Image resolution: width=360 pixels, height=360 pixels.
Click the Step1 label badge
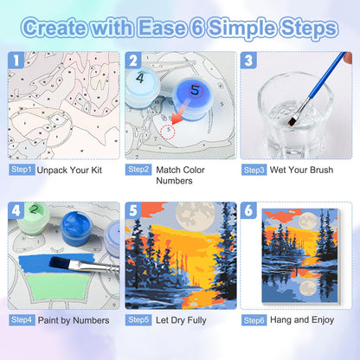22,170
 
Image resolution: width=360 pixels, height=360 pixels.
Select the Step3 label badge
254,170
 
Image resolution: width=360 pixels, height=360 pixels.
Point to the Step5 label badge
138,320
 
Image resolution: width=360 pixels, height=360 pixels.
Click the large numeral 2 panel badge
133,61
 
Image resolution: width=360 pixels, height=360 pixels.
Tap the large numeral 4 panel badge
16,210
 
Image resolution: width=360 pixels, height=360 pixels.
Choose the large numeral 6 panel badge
248,210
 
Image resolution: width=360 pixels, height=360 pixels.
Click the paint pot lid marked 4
141,80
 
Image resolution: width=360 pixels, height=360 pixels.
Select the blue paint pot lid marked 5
192,93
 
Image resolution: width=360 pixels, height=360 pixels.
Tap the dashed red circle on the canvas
169,132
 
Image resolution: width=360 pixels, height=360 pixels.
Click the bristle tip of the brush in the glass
292,122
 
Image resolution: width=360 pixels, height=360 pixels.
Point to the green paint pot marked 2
33,218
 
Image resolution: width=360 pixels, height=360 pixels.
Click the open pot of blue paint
77,228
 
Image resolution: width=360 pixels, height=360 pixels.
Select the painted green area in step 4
59,286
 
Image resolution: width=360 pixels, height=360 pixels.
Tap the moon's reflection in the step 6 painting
307,288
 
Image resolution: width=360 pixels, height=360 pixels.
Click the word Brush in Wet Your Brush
320,170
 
